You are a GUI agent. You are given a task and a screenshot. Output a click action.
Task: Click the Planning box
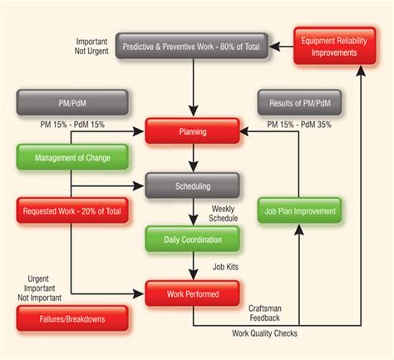(x=192, y=131)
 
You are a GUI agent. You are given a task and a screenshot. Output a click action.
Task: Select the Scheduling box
(x=192, y=185)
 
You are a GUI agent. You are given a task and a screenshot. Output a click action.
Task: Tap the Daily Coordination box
(x=192, y=239)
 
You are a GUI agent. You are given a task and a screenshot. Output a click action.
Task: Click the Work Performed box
(x=192, y=293)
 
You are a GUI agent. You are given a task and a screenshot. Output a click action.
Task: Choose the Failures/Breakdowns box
(x=72, y=318)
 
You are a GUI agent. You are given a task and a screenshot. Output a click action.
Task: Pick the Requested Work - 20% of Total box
(x=72, y=211)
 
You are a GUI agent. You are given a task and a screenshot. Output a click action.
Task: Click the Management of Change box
(x=72, y=157)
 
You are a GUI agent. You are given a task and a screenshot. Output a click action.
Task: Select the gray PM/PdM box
(x=72, y=103)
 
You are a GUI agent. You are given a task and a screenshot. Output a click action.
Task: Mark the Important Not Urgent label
(x=91, y=47)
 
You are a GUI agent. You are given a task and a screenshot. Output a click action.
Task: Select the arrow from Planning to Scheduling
(x=192, y=157)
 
